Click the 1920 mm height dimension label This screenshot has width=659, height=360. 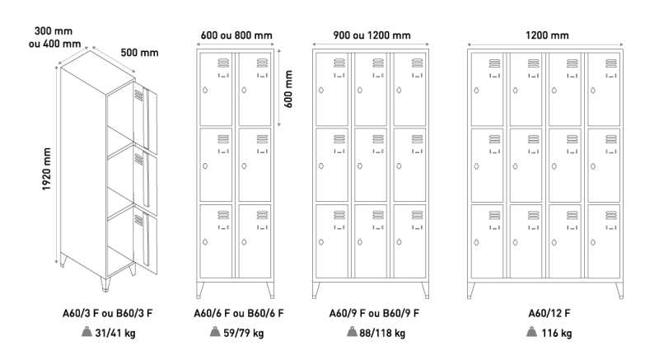click(47, 169)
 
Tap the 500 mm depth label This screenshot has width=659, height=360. click(139, 53)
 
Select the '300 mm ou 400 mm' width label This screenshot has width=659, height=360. click(54, 37)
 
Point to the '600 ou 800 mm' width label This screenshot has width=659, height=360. click(236, 35)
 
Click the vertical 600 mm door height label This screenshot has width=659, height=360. click(288, 89)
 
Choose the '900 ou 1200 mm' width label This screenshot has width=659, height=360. click(372, 35)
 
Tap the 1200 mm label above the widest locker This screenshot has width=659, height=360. click(547, 35)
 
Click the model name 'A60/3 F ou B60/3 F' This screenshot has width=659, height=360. click(108, 313)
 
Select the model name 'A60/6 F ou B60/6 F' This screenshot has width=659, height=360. click(239, 313)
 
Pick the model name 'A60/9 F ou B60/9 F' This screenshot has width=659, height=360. click(374, 313)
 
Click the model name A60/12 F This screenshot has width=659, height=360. click(549, 313)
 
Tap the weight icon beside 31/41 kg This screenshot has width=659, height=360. click(86, 332)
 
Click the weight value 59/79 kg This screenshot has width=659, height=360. click(244, 333)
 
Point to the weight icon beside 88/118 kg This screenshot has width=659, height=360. click(352, 332)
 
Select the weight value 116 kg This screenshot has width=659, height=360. click(557, 333)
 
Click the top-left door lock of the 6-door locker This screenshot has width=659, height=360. click(205, 90)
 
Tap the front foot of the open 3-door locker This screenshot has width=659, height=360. click(105, 283)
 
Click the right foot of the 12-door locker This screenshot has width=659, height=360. click(619, 290)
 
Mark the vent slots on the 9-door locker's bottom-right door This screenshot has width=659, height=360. click(417, 215)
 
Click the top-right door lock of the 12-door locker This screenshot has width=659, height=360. click(593, 91)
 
